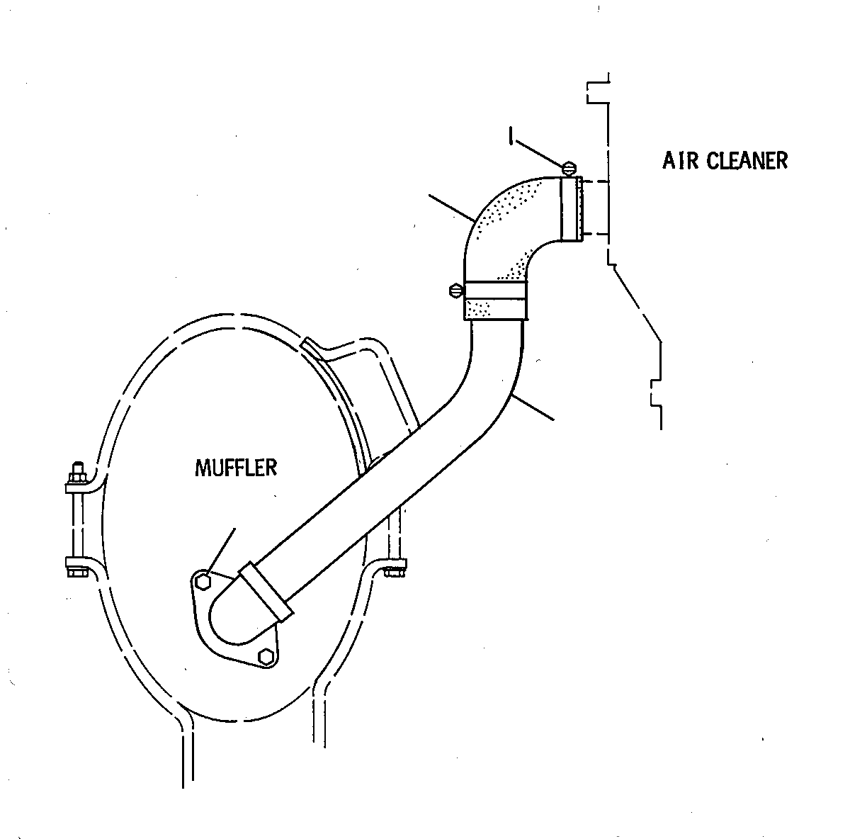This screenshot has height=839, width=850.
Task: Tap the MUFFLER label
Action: (236, 468)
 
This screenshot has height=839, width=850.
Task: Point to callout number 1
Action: (511, 135)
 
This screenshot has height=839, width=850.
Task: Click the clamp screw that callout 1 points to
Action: (569, 169)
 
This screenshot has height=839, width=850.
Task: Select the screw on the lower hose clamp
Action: (456, 291)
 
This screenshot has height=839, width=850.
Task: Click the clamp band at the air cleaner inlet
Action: (572, 209)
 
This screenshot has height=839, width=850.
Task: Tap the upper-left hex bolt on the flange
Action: (203, 581)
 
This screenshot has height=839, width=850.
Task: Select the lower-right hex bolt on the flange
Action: (265, 658)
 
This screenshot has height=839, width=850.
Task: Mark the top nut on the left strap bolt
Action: (77, 476)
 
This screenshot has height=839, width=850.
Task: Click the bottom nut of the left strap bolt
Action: (78, 573)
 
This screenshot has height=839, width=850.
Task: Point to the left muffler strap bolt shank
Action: (78, 525)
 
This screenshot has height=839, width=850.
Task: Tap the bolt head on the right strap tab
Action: (395, 573)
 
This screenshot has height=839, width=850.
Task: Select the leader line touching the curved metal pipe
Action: (533, 407)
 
